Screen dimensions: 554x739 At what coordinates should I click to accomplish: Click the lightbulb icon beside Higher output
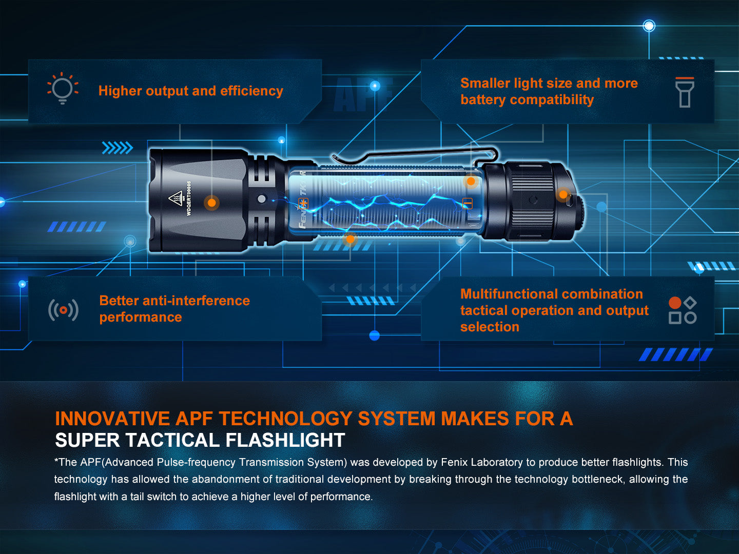(x=63, y=88)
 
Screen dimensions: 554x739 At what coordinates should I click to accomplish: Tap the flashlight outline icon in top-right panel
(x=684, y=92)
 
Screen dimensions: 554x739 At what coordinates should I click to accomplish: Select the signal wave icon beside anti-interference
(x=63, y=310)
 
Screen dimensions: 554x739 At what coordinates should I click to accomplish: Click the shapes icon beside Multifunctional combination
(x=682, y=310)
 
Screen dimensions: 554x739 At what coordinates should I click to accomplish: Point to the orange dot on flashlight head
(x=211, y=203)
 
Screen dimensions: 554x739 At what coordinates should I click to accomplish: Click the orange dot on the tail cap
(x=563, y=194)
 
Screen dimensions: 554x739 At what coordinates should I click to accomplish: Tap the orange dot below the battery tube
(x=350, y=239)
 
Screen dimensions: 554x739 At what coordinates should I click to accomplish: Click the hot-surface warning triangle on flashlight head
(x=176, y=198)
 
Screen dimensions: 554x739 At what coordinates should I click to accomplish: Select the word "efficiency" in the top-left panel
(x=251, y=91)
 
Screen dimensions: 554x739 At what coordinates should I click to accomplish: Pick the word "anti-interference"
(x=196, y=301)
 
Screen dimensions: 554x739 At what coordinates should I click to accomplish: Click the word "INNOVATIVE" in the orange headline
(x=112, y=419)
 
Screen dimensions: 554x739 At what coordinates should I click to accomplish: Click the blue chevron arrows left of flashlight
(x=117, y=148)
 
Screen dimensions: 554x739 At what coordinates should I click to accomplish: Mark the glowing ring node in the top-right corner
(x=649, y=26)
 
